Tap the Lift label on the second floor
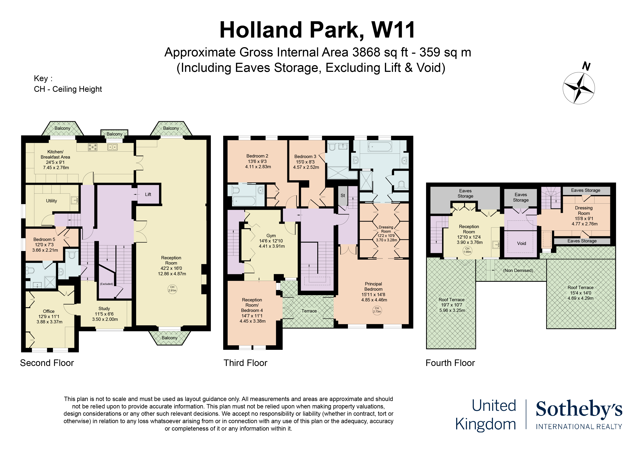click(148, 194)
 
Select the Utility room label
click(51, 201)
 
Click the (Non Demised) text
click(518, 270)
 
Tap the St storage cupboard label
click(343, 195)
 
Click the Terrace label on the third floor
click(309, 311)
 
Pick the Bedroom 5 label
click(44, 239)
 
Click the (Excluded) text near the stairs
click(107, 284)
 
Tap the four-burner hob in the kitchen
click(92, 147)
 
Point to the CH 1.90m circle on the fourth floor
click(467, 250)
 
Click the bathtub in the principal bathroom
click(380, 147)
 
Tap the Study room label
click(104, 309)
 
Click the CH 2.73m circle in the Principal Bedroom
click(377, 310)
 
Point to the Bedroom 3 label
click(305, 157)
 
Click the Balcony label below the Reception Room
click(170, 338)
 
